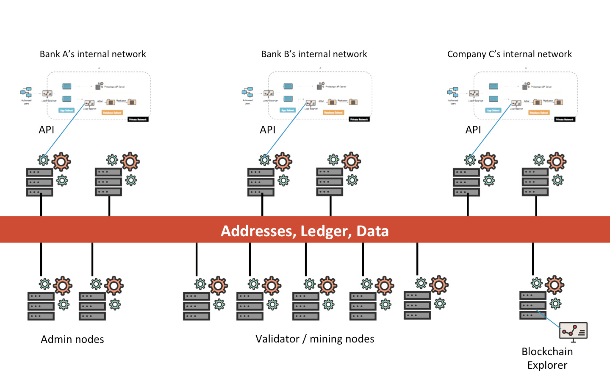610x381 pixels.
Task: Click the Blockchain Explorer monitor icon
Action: tap(573, 331)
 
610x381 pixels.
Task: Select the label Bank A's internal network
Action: tap(93, 54)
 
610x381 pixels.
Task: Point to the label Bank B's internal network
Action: tap(314, 54)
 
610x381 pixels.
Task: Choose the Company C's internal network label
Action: tap(509, 54)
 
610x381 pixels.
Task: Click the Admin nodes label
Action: tap(72, 339)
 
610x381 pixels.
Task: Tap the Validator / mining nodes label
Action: tap(315, 339)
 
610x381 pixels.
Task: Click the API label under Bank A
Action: tap(47, 130)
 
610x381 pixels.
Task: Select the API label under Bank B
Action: tap(268, 130)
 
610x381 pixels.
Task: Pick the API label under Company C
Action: tap(473, 130)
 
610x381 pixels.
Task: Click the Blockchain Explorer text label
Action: tap(547, 358)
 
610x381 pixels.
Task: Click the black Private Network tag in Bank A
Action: tap(138, 119)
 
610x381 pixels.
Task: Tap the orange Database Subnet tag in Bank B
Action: tap(333, 113)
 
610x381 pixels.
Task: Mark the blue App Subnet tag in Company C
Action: tap(493, 110)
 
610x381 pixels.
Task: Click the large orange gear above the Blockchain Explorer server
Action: tap(555, 285)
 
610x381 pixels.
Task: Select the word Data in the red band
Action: tap(372, 231)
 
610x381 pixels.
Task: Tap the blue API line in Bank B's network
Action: tap(285, 130)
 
